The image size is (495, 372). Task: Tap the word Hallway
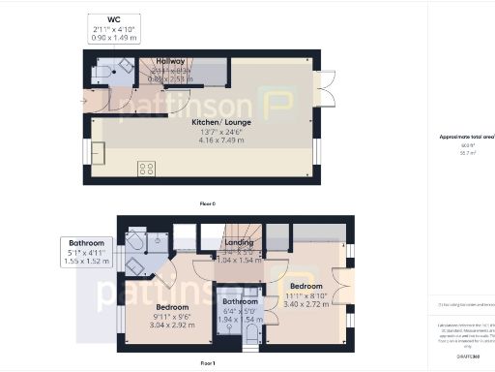point(170,61)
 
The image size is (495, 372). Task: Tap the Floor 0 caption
point(207,203)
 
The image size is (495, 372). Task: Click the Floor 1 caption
point(207,362)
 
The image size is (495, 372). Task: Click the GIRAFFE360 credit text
point(470,356)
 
